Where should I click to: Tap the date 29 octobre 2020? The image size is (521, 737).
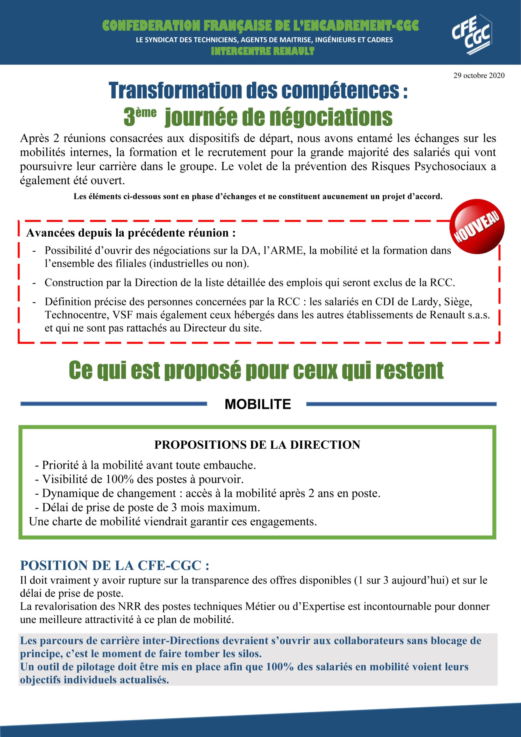tap(479, 75)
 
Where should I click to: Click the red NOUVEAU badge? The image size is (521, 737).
tap(477, 226)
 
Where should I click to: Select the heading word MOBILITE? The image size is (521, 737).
tap(257, 404)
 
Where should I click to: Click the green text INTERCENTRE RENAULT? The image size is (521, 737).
tap(262, 51)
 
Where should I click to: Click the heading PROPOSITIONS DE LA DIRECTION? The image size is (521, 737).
tap(257, 445)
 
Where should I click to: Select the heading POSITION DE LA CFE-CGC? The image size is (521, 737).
tap(114, 565)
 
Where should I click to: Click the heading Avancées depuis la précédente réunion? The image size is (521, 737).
tap(131, 233)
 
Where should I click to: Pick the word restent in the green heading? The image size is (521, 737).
tap(409, 371)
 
